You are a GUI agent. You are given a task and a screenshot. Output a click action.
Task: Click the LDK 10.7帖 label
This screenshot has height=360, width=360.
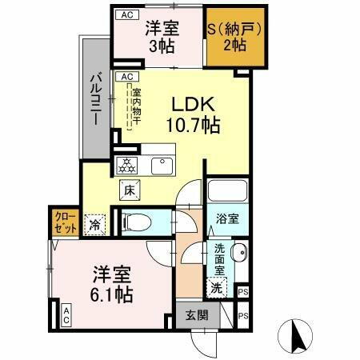coord(193,114)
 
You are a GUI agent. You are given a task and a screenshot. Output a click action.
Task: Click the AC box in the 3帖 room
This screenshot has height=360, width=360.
coord(126,14)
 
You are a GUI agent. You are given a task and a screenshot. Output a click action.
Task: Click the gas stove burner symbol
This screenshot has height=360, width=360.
coord(127,166)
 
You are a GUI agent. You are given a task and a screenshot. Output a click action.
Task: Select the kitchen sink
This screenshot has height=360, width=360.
coord(163,165)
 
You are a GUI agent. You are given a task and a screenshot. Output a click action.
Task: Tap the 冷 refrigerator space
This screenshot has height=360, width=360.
coord(95,225)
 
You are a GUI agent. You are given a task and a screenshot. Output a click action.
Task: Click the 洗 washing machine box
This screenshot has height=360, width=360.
coord(216,286)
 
